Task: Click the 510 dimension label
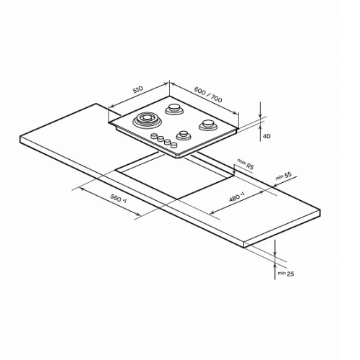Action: [x=138, y=90]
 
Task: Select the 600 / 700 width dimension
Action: [x=208, y=94]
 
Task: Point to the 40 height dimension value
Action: [x=266, y=136]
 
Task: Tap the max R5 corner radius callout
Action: [x=246, y=163]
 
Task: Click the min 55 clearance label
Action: [x=284, y=176]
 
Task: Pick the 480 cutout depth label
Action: [x=237, y=197]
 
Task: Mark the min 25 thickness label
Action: [x=286, y=274]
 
